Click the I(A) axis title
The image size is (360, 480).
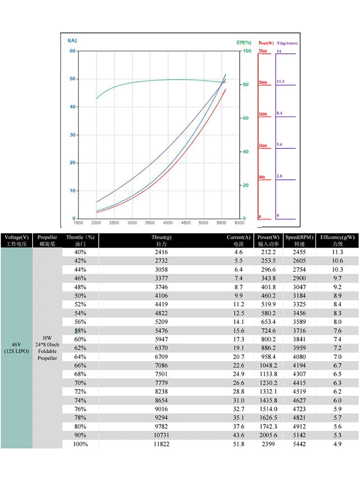click(x=72, y=40)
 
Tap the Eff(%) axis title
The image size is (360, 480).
click(x=244, y=42)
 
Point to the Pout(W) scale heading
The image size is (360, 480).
click(x=266, y=43)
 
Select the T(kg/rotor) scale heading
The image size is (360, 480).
click(x=287, y=43)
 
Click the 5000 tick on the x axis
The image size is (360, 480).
click(x=204, y=223)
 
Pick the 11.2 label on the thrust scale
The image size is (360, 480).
click(x=281, y=82)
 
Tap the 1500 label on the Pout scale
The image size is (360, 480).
click(x=262, y=114)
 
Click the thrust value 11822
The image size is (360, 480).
click(x=162, y=444)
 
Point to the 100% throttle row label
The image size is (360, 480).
click(x=80, y=444)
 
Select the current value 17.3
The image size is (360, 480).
click(x=239, y=339)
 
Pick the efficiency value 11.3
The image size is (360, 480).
click(x=337, y=252)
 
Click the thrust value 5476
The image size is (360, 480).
click(x=162, y=331)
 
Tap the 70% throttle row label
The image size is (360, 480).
click(x=80, y=383)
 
